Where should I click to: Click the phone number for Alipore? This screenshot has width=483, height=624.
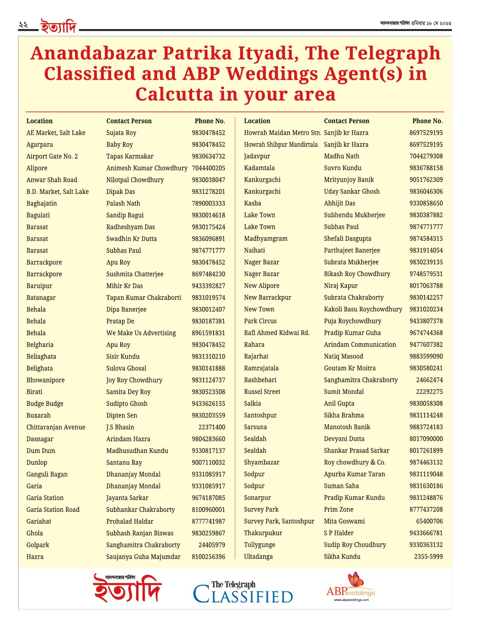(208, 168)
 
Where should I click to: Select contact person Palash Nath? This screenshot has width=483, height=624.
(123, 204)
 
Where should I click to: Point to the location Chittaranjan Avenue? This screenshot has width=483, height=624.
(56, 427)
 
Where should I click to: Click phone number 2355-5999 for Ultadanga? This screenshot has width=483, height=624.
(428, 556)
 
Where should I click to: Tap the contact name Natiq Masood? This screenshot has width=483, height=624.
(343, 356)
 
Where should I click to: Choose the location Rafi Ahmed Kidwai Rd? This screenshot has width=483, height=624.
(277, 333)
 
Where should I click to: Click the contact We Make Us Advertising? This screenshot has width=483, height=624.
(141, 333)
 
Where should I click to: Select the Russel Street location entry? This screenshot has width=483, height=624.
(262, 392)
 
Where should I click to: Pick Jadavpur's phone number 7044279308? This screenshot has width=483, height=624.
(426, 156)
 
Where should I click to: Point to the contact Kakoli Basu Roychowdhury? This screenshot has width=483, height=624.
(363, 309)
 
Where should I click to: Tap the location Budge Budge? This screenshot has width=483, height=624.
(45, 404)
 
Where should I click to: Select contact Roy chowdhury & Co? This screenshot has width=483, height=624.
(354, 462)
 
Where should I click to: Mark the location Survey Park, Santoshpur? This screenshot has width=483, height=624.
(279, 521)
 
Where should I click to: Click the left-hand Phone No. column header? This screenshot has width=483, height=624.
(210, 121)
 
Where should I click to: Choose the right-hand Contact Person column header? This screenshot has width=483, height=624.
(346, 121)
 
